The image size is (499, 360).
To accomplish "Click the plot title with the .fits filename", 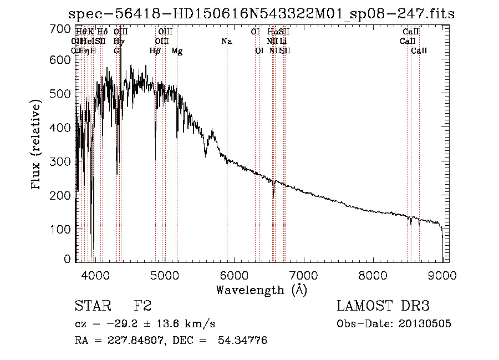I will click(261, 14).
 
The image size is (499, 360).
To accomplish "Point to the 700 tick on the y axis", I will click(64, 28).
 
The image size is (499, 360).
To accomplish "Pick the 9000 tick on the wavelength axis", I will click(442, 275).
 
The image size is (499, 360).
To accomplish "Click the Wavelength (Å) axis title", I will click(261, 290).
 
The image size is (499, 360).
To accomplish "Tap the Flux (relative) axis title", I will click(37, 145).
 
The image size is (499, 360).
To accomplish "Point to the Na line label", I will click(226, 42).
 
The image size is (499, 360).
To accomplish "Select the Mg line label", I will click(177, 51).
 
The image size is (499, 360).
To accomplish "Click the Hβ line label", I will click(155, 51).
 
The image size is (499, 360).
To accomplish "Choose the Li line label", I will click(283, 42).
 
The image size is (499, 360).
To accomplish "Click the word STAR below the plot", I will click(92, 306).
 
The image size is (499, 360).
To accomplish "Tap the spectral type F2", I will click(143, 306).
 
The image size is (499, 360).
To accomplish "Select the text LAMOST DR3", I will click(383, 306).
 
